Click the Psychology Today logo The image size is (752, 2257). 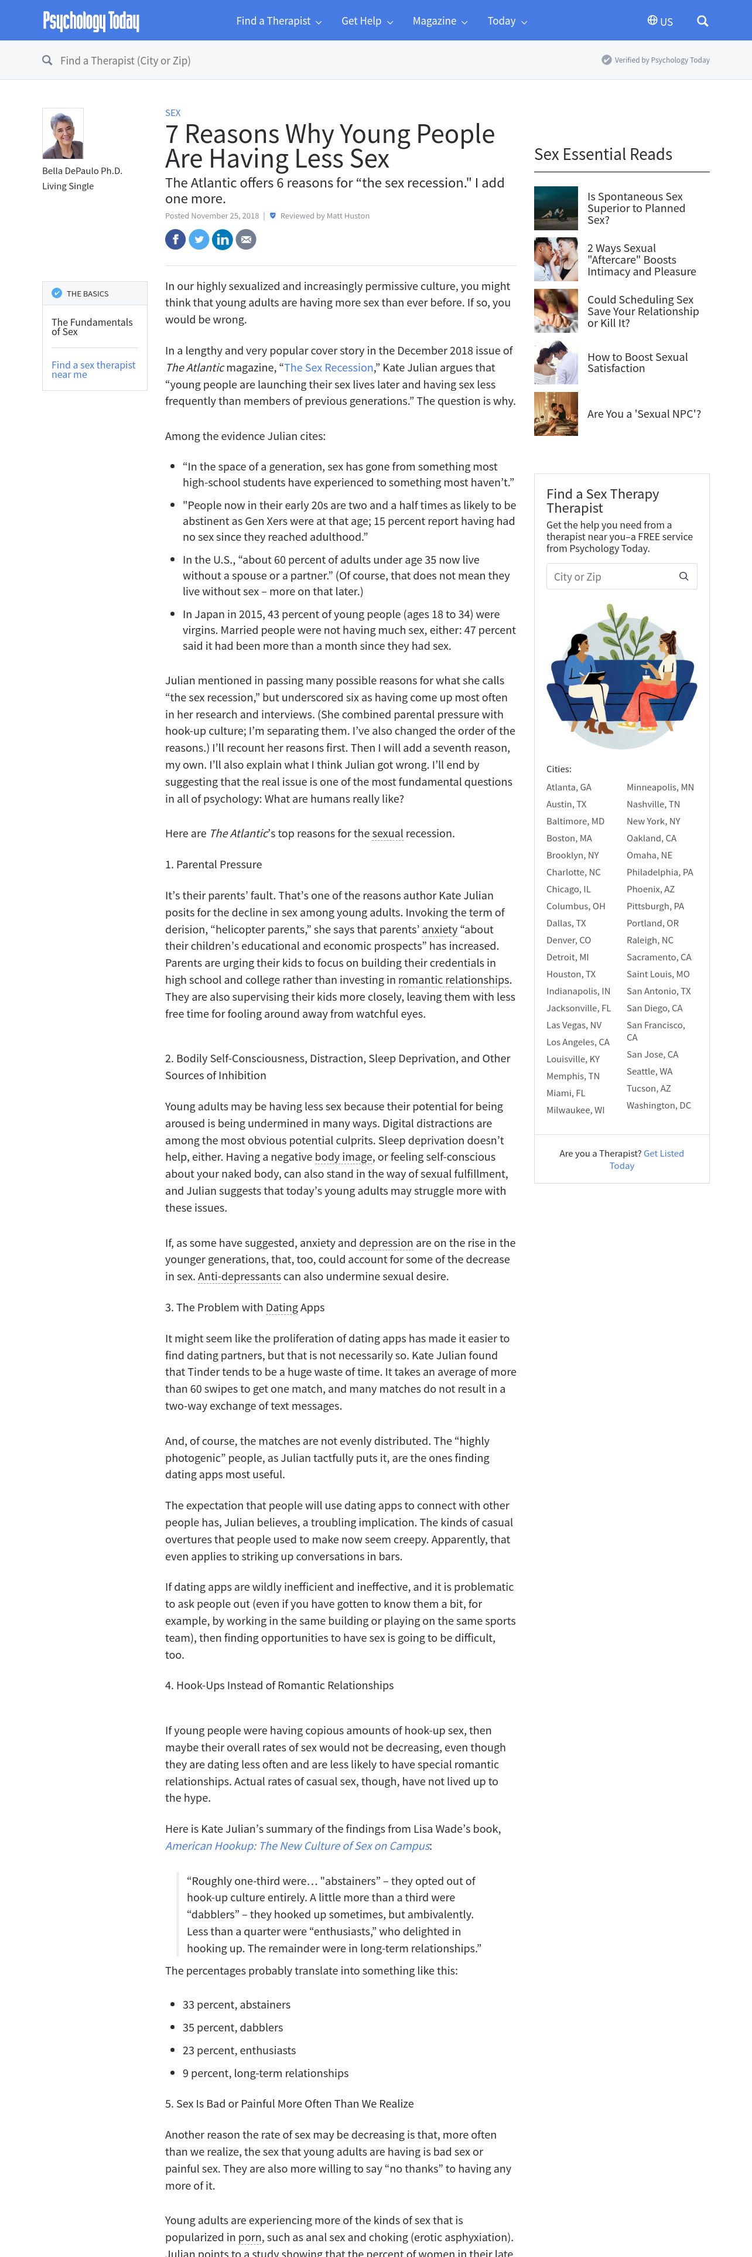91,21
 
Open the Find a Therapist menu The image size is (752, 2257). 278,21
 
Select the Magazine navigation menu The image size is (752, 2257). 439,21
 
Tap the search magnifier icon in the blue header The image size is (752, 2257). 702,21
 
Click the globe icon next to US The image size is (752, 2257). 652,20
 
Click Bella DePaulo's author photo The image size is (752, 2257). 63,133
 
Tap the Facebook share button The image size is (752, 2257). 175,239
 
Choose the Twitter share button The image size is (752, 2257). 199,239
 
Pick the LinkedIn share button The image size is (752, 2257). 223,239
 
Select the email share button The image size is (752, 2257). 246,239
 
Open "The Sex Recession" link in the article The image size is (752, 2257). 329,367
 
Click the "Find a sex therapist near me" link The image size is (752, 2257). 93,370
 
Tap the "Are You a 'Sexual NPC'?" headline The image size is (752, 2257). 644,414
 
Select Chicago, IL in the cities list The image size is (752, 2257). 568,889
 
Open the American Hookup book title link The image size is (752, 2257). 297,1846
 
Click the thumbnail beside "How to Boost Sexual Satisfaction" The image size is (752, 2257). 556,363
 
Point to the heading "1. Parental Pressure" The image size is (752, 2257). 214,865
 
